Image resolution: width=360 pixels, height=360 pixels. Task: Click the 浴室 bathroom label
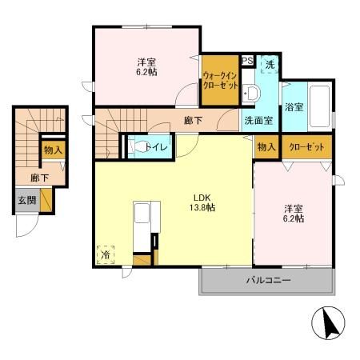[294, 106]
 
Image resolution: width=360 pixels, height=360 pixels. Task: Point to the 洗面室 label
[258, 121]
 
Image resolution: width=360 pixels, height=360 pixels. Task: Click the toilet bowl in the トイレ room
[138, 147]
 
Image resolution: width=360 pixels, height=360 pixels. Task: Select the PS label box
[247, 61]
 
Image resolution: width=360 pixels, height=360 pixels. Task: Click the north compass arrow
[327, 324]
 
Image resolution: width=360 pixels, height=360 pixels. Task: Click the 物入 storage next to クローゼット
[266, 148]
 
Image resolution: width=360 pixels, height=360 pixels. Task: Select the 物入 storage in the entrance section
[53, 149]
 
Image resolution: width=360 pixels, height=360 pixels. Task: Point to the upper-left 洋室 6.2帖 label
[145, 65]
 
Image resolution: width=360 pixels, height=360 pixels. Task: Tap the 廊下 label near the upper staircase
[192, 121]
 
